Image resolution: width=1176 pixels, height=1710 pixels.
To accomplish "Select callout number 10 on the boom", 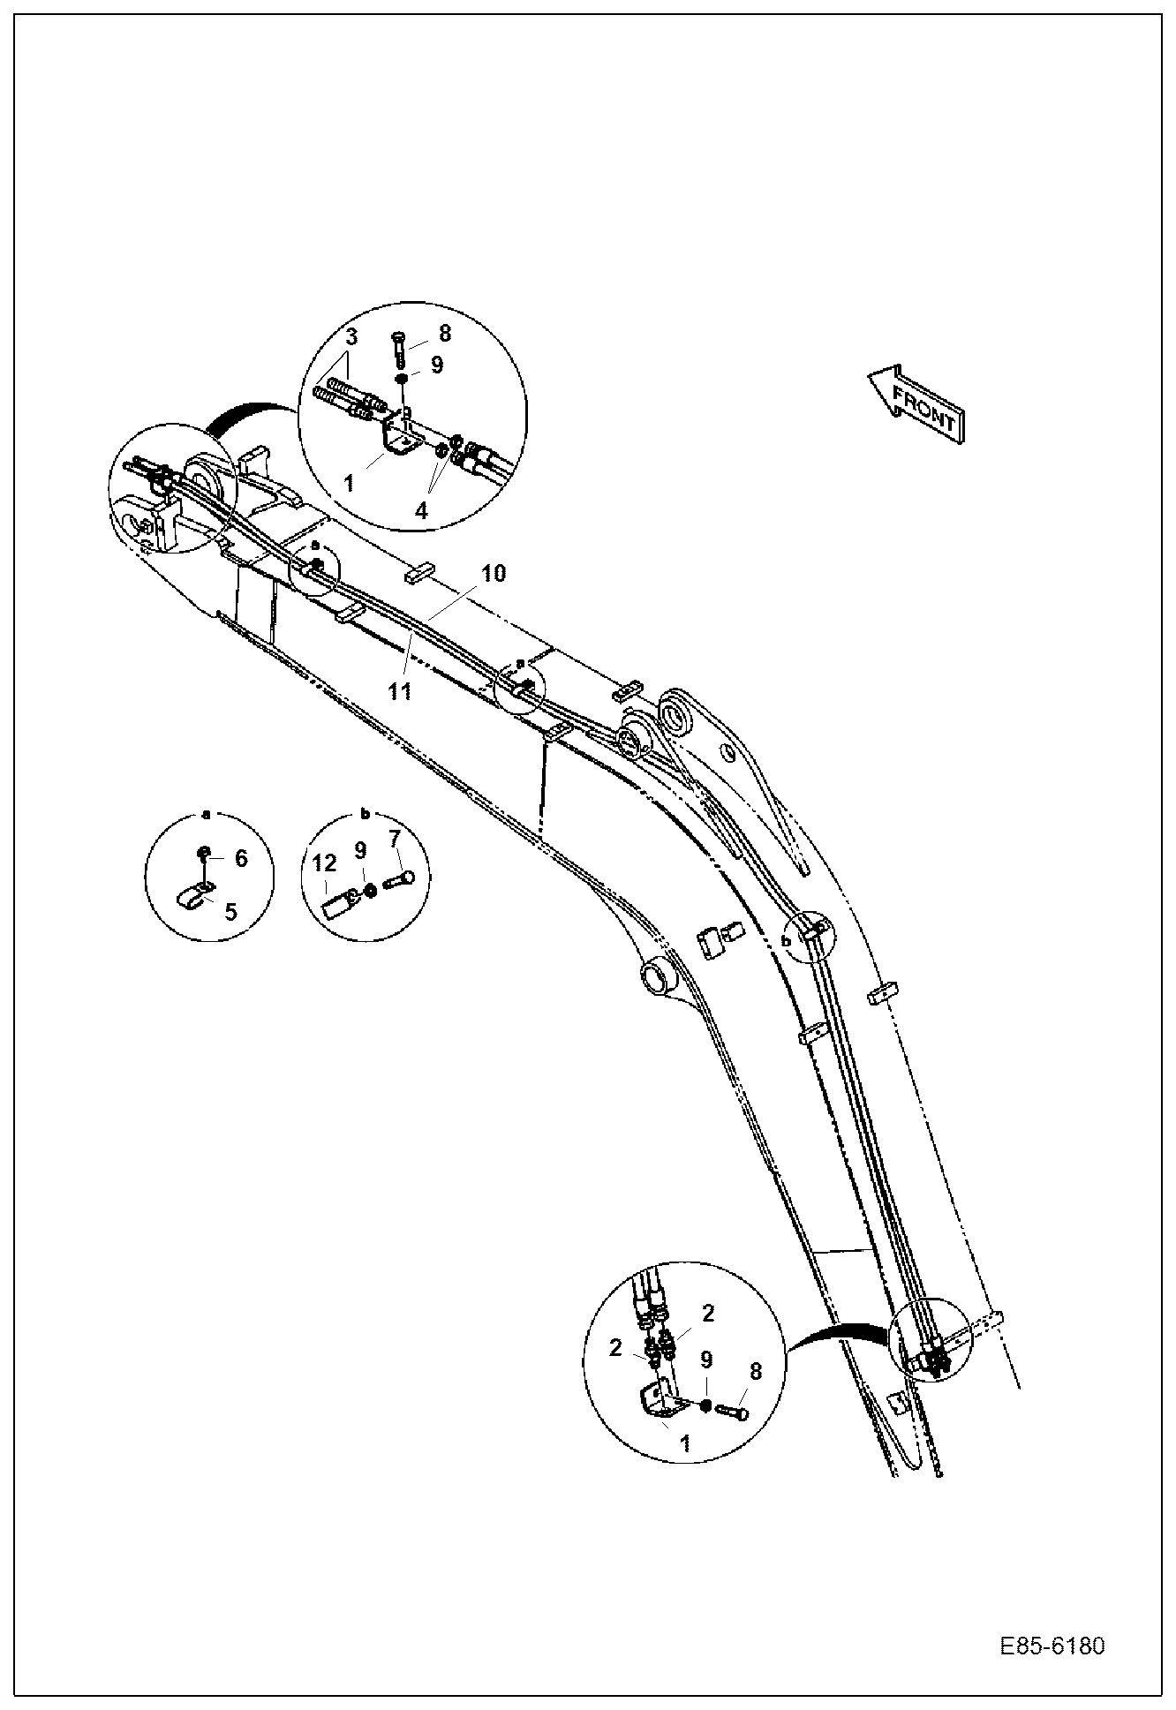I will point(494,574).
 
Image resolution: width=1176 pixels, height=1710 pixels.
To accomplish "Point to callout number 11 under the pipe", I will point(400,690).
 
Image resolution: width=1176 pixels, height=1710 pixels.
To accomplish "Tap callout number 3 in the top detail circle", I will point(351,336).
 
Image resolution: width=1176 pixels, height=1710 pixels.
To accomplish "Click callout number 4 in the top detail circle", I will point(421,510).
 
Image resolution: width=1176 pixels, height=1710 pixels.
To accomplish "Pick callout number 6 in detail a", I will point(240,858).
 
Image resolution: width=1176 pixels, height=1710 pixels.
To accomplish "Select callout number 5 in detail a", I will point(230,911).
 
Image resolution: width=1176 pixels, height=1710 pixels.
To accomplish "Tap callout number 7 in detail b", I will point(395,839).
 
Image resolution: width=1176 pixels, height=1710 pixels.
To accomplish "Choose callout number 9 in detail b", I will point(360,850).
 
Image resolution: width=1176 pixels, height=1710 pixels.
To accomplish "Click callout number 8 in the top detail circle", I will point(444,333).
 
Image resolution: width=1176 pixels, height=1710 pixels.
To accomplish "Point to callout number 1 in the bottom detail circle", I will point(686,1444).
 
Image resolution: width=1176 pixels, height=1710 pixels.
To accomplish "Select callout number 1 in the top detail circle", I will point(349,483).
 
